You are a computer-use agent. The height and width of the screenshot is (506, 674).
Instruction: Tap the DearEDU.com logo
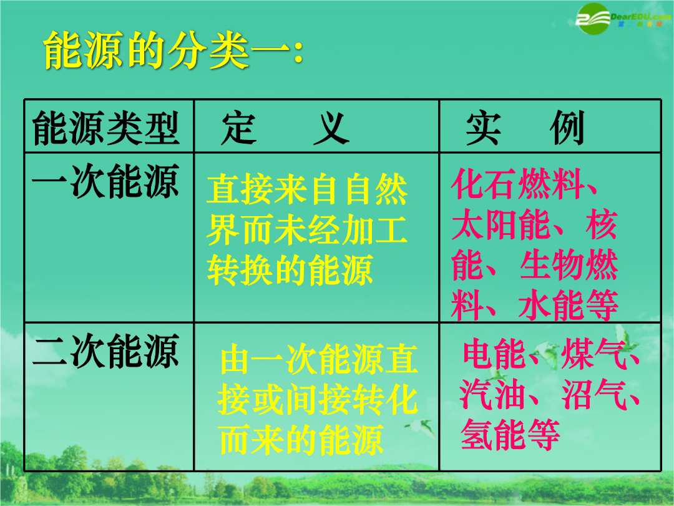point(623,19)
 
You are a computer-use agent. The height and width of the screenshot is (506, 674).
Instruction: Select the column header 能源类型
point(106,128)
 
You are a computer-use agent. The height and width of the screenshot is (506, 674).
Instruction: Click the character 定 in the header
point(239,128)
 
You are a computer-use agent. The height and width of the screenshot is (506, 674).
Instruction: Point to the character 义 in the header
point(331,128)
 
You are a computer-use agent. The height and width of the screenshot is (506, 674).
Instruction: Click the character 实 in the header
point(484,128)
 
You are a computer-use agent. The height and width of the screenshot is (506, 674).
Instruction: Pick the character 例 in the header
point(567,128)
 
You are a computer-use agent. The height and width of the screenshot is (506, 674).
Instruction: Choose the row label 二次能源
point(105,351)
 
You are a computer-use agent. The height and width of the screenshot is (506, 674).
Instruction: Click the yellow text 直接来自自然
point(307,189)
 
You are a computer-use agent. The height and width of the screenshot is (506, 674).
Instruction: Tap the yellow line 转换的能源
point(290,270)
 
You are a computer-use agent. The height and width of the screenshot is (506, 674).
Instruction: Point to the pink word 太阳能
point(501,225)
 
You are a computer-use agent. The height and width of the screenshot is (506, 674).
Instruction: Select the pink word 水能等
point(569,305)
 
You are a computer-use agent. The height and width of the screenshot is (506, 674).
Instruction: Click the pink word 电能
point(494,354)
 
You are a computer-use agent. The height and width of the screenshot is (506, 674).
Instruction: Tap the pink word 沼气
point(594,394)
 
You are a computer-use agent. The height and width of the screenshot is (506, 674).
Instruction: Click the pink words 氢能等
point(510,435)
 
